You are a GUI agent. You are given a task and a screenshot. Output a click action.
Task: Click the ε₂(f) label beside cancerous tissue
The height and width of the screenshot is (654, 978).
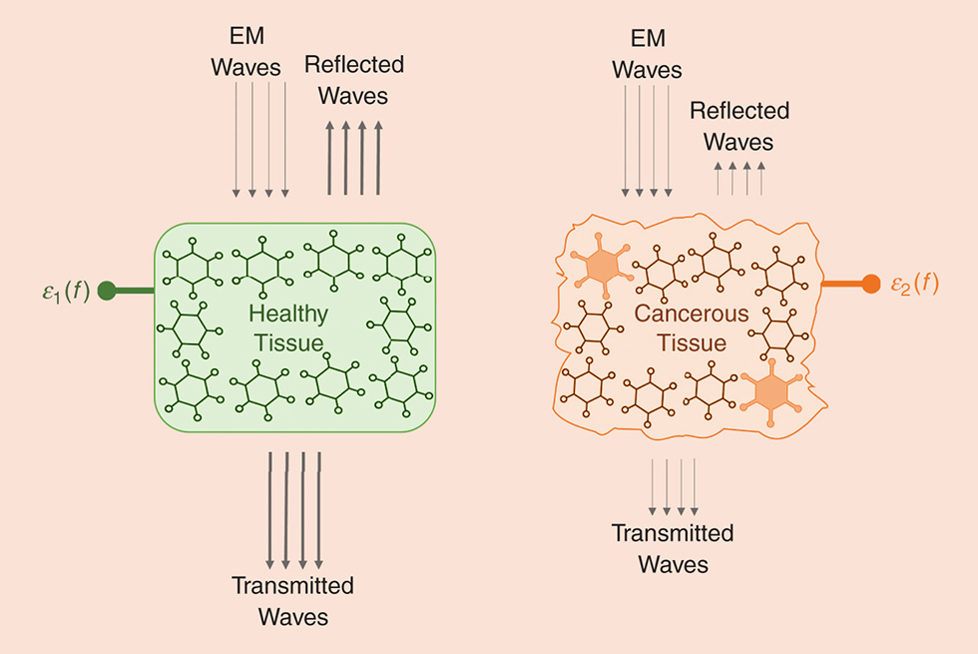tap(913, 285)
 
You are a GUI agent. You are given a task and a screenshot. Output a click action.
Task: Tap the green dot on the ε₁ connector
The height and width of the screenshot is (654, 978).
tap(108, 292)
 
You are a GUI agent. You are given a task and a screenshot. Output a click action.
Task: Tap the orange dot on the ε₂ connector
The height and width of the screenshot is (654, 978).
tap(870, 285)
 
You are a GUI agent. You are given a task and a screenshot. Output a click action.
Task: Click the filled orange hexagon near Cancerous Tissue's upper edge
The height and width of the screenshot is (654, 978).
tap(600, 266)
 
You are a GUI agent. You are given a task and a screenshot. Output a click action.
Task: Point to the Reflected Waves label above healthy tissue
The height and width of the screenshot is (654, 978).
tap(353, 81)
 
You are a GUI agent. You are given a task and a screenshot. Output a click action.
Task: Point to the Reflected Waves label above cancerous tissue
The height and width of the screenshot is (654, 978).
tap(738, 126)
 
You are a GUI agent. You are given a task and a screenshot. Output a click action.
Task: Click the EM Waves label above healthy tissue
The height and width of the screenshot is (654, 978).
tap(259, 50)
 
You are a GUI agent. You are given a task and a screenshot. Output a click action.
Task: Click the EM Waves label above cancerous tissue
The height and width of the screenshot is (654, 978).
tap(647, 55)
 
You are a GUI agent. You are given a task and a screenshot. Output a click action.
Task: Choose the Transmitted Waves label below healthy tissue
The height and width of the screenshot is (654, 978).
tap(292, 600)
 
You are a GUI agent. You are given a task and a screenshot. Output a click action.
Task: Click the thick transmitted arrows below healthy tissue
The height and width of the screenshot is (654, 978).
tap(294, 510)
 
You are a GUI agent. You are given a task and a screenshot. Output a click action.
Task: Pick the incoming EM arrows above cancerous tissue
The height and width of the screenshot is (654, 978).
tap(648, 140)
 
